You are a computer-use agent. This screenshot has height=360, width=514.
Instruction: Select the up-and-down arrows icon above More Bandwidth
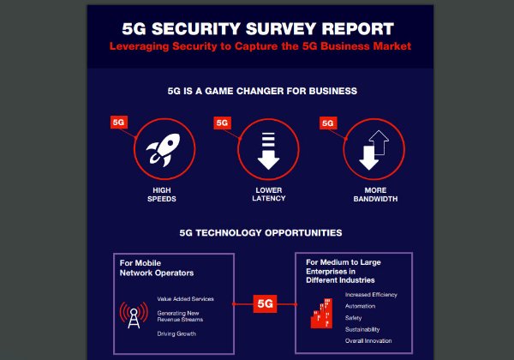374,149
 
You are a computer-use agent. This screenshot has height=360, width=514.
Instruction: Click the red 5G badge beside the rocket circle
119,123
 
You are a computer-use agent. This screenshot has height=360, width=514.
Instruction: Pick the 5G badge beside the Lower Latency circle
223,123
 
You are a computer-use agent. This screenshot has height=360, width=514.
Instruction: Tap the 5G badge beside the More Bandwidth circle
327,123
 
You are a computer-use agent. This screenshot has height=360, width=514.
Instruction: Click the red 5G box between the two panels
266,303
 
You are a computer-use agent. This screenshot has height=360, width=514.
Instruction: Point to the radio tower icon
132,316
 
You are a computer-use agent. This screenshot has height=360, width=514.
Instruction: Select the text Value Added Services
185,299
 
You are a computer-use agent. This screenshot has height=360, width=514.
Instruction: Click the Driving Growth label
176,333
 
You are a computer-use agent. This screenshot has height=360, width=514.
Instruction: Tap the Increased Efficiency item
371,294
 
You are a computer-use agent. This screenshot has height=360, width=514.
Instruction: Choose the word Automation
360,305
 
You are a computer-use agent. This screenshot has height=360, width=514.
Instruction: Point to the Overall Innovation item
369,341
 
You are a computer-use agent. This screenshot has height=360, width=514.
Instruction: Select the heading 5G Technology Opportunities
260,232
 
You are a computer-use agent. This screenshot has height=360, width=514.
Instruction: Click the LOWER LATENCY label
268,194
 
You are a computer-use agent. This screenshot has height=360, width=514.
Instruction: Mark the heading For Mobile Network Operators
157,267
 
